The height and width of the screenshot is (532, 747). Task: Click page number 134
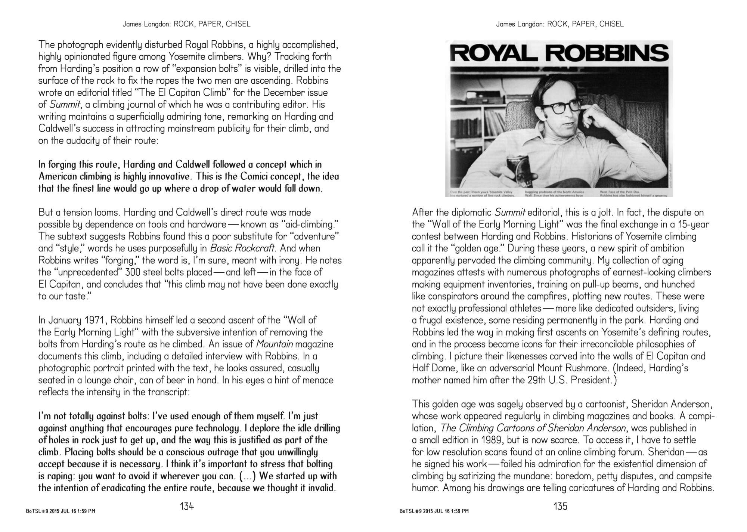point(187,507)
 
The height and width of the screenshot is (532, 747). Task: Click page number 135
point(560,507)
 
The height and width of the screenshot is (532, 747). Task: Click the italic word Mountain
point(275,344)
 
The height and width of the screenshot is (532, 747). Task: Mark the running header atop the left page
point(187,24)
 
